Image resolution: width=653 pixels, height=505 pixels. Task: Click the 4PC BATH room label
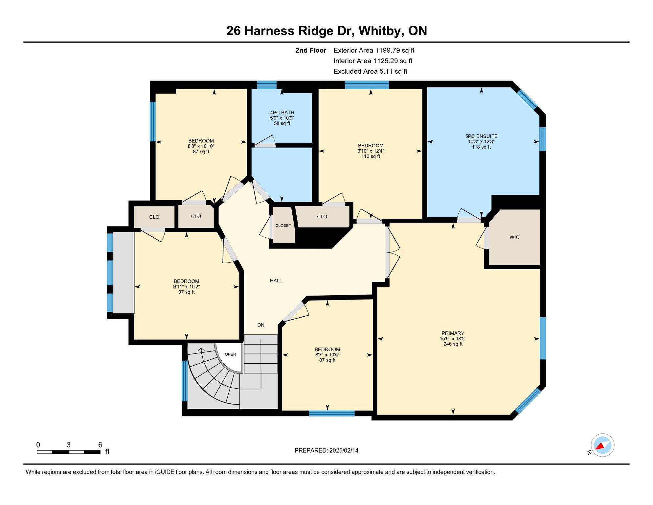pyautogui.click(x=282, y=112)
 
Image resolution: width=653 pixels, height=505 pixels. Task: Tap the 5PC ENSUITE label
pyautogui.click(x=481, y=136)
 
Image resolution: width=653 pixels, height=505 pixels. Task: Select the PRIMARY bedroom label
pyautogui.click(x=453, y=333)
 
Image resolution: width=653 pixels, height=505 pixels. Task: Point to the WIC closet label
pyautogui.click(x=514, y=237)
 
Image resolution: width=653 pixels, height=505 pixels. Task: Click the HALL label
pyautogui.click(x=276, y=280)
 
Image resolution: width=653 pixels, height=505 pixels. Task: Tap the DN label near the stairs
pyautogui.click(x=261, y=325)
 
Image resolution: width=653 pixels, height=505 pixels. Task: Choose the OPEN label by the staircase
pyautogui.click(x=230, y=354)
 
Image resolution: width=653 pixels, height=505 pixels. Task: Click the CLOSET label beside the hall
pyautogui.click(x=283, y=226)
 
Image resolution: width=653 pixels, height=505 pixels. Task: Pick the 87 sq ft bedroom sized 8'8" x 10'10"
pyautogui.click(x=201, y=146)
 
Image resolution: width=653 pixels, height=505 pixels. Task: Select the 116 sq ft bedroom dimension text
pyautogui.click(x=371, y=151)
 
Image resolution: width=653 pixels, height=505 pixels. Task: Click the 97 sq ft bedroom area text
pyautogui.click(x=187, y=292)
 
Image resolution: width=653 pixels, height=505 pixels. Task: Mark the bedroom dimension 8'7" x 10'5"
pyautogui.click(x=327, y=355)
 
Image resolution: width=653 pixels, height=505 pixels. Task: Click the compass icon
pyautogui.click(x=602, y=445)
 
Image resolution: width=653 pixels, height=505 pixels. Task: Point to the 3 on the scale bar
pyautogui.click(x=69, y=445)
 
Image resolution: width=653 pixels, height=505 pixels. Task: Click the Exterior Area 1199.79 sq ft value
pyautogui.click(x=374, y=50)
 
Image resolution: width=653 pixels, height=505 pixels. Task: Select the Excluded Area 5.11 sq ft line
pyautogui.click(x=371, y=71)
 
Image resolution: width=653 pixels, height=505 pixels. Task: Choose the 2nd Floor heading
pyautogui.click(x=311, y=50)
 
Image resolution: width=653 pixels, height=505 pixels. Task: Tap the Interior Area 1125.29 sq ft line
pyautogui.click(x=373, y=61)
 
